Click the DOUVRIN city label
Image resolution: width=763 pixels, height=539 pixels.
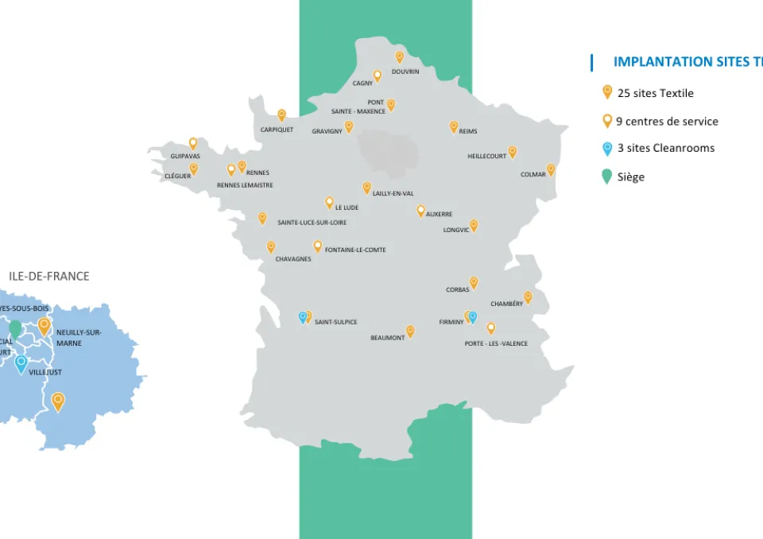(x=405, y=72)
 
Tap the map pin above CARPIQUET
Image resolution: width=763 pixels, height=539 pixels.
(x=281, y=114)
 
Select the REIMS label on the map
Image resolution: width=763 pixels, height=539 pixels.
(x=468, y=131)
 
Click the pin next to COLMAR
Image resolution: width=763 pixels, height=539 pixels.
(x=551, y=169)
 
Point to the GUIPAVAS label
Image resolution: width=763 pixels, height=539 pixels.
(x=185, y=156)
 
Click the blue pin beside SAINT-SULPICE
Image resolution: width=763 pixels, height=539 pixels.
(x=302, y=317)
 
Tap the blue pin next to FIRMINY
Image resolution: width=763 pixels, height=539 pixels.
(x=473, y=317)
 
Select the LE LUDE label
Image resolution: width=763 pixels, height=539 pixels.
(x=347, y=207)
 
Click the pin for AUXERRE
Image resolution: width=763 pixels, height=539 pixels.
(x=421, y=211)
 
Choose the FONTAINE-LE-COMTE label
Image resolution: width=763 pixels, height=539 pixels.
(x=355, y=250)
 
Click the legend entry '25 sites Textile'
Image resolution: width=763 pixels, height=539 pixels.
(x=655, y=93)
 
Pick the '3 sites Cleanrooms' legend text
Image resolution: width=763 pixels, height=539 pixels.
(x=665, y=148)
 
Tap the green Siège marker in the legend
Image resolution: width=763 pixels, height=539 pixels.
(x=607, y=176)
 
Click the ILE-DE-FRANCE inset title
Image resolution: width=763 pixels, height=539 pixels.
(x=49, y=277)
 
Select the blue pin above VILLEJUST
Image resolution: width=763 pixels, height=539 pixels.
(x=21, y=363)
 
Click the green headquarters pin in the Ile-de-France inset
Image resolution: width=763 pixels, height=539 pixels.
(x=15, y=328)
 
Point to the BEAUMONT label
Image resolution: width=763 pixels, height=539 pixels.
(x=388, y=338)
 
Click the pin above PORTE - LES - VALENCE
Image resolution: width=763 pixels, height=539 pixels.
(x=491, y=328)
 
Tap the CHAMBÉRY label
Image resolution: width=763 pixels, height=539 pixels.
(x=506, y=304)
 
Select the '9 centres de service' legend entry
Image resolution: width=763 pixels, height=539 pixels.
(x=666, y=122)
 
